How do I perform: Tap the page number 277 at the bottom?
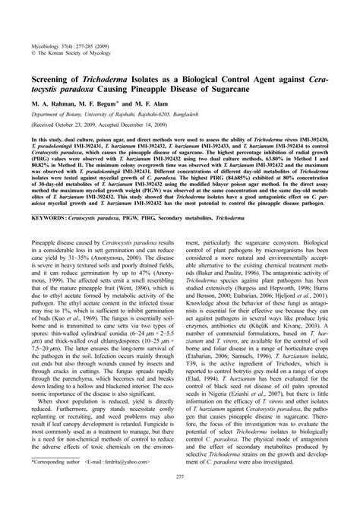click(180, 498)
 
